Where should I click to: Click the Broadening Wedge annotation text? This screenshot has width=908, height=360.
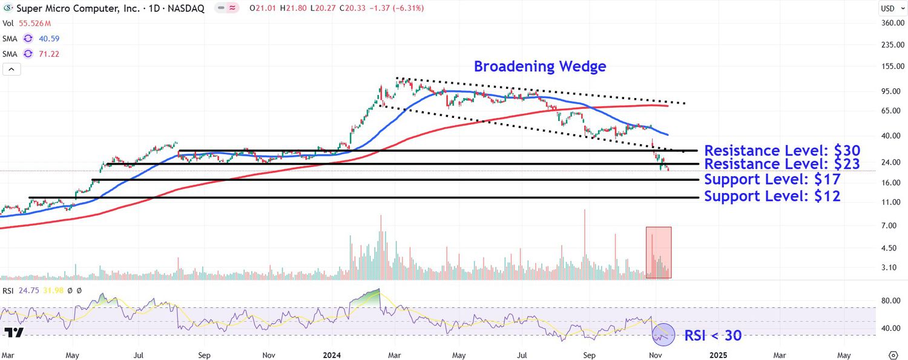pyautogui.click(x=539, y=67)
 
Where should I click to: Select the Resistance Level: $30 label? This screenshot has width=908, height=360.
pyautogui.click(x=782, y=151)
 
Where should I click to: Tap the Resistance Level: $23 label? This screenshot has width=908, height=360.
pyautogui.click(x=782, y=164)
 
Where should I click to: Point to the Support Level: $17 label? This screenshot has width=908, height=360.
pyautogui.click(x=772, y=180)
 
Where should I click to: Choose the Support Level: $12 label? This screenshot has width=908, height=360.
pyautogui.click(x=772, y=197)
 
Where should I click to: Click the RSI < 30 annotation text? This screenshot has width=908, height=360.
pyautogui.click(x=712, y=335)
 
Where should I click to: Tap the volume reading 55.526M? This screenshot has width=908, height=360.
pyautogui.click(x=36, y=24)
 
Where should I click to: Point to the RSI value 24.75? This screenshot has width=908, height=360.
pyautogui.click(x=27, y=291)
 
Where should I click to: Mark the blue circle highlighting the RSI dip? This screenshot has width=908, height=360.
pyautogui.click(x=663, y=334)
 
